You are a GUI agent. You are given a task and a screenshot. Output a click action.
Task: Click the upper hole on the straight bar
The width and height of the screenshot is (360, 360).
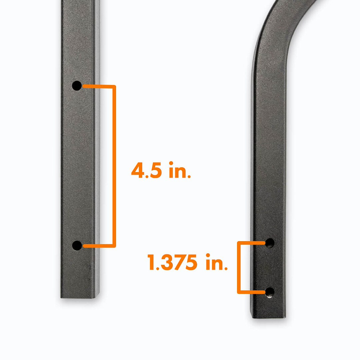77,86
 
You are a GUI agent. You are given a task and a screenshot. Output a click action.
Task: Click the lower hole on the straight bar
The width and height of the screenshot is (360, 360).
77,246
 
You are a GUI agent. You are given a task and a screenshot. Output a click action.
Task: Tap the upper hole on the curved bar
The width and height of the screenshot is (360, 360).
270,243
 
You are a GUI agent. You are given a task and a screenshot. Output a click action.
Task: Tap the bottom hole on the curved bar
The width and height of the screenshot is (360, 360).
270,293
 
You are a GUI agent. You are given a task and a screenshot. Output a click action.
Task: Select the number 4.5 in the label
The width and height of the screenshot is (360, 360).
146,170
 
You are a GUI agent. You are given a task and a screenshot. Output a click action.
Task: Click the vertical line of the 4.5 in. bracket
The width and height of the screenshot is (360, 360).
114,167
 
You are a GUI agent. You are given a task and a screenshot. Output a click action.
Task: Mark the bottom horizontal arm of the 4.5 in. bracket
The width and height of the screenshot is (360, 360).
98,246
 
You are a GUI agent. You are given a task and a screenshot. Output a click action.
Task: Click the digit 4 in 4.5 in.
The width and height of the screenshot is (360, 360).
138,170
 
